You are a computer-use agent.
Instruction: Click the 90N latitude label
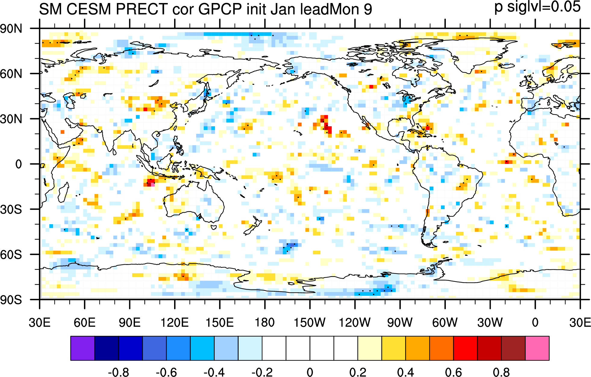11,29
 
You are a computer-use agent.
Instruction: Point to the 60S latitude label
11,255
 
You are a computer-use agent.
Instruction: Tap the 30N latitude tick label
11,119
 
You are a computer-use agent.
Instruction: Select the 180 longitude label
265,322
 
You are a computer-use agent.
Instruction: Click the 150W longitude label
310,322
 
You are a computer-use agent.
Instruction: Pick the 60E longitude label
85,322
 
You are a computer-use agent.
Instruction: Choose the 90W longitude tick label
400,322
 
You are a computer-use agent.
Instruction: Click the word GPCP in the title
220,9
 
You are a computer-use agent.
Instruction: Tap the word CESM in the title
89,9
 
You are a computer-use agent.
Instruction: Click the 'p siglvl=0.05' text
537,7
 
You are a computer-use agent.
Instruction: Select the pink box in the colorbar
537,348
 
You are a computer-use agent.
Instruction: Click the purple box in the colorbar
83,348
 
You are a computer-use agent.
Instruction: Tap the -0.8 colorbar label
118,372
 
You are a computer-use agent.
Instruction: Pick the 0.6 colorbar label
453,372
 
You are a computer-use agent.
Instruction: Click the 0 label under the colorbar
310,372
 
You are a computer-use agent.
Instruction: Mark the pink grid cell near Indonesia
153,184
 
